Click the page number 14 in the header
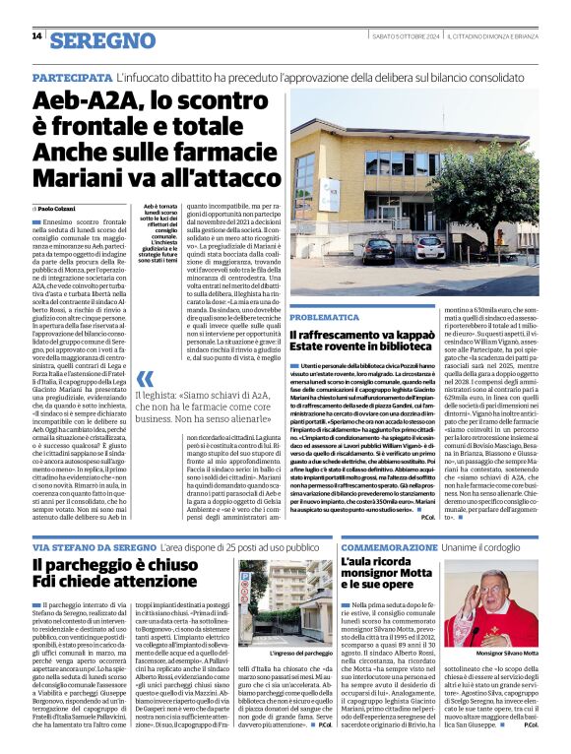(x=36, y=36)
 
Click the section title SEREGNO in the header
(x=102, y=39)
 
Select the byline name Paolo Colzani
(x=58, y=209)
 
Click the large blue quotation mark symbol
(x=146, y=379)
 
